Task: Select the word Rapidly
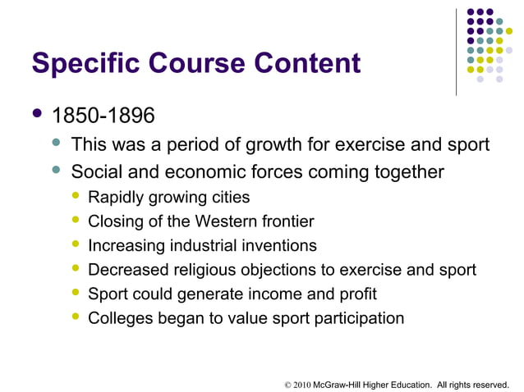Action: click(x=117, y=198)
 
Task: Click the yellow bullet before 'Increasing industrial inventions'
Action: click(x=76, y=245)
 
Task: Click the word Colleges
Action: click(x=118, y=318)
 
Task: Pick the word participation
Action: click(x=361, y=318)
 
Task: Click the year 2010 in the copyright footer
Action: click(x=301, y=381)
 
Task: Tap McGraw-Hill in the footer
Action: click(x=339, y=381)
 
